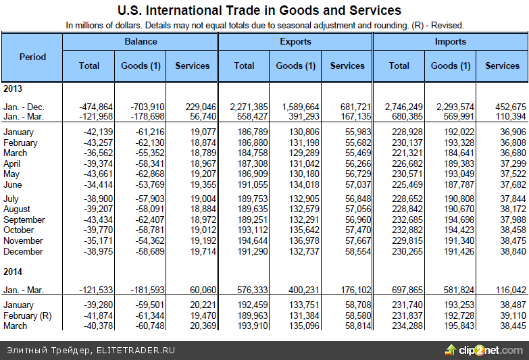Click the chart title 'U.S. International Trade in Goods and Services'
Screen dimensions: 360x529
259,10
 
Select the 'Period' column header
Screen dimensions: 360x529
32,57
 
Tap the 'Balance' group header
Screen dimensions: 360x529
141,41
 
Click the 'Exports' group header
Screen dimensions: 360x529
295,41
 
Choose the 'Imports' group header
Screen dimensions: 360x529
451,41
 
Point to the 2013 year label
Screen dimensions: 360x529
14,88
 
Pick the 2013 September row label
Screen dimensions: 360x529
24,220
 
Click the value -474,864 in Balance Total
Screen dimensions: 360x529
96,107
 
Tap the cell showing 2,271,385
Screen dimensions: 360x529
249,107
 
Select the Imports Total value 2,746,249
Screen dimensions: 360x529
404,107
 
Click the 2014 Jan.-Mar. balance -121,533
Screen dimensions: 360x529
96,289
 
